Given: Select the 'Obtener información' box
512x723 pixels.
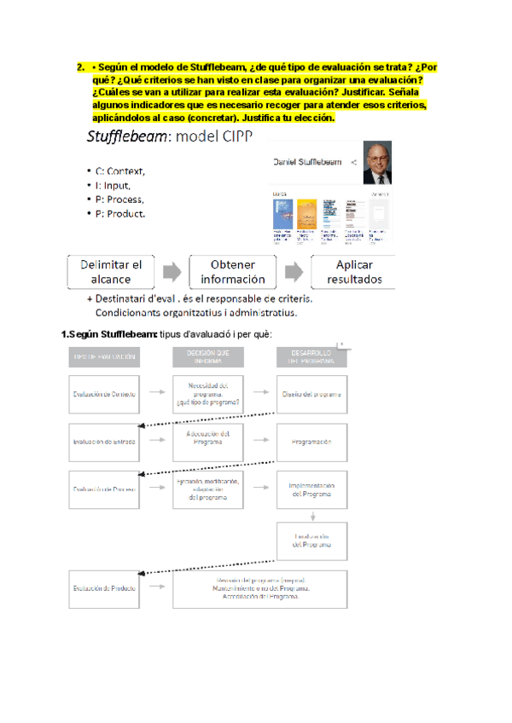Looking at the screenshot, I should (x=233, y=271).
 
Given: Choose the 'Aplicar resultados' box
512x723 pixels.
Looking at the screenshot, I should (x=359, y=271).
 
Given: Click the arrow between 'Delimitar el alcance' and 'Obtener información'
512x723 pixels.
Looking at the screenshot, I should (x=172, y=271).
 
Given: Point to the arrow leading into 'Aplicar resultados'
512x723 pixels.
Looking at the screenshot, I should (x=293, y=271).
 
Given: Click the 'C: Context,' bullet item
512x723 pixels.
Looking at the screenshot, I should (x=119, y=171).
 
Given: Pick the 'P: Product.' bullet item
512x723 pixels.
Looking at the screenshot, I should (x=119, y=213).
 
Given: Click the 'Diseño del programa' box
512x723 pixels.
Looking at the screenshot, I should (x=311, y=394).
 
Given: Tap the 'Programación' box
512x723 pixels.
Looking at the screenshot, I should (x=311, y=442).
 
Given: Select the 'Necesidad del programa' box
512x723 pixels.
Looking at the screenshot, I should (x=207, y=394).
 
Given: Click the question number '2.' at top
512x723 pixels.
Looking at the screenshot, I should (x=80, y=68).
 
